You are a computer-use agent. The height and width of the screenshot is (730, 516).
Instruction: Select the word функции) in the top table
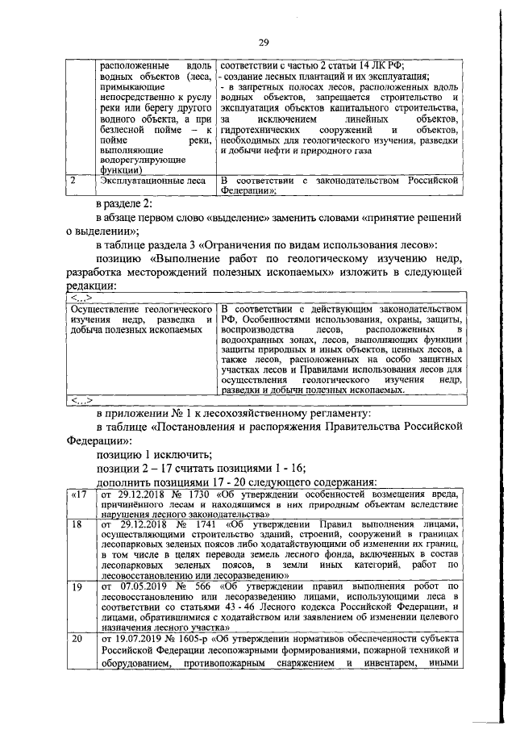117,170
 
